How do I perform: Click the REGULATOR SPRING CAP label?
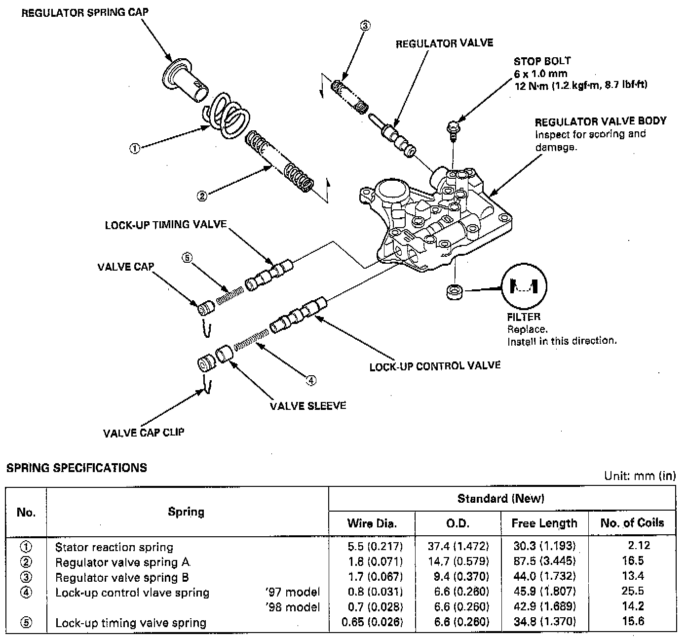tap(84, 13)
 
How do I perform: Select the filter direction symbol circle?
tap(524, 286)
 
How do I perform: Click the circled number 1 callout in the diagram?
tap(134, 148)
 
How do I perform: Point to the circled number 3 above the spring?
tap(365, 26)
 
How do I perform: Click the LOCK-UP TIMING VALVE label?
tap(165, 225)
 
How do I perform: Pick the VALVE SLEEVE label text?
tap(307, 406)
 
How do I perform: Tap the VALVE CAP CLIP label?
tap(144, 433)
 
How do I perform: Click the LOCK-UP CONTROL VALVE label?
tap(435, 366)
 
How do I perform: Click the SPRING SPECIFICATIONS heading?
tap(76, 468)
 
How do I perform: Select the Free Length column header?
tap(544, 523)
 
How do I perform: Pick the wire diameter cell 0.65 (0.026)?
tap(372, 622)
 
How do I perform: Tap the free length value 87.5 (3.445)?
tap(544, 561)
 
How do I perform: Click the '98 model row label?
tap(293, 607)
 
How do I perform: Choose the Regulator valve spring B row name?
tap(122, 577)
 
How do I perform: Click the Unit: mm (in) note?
tap(640, 476)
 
